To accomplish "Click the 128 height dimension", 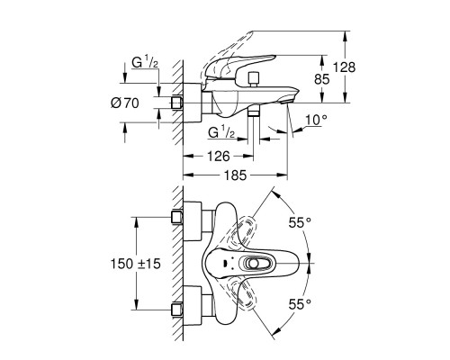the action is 344,67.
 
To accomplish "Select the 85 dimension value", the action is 322,79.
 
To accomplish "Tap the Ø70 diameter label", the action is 125,103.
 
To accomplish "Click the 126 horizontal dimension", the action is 219,157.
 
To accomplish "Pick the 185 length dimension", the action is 235,175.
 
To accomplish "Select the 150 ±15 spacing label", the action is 136,264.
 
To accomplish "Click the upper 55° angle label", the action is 300,222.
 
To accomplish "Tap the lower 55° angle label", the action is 300,305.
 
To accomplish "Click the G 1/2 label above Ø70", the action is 145,63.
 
